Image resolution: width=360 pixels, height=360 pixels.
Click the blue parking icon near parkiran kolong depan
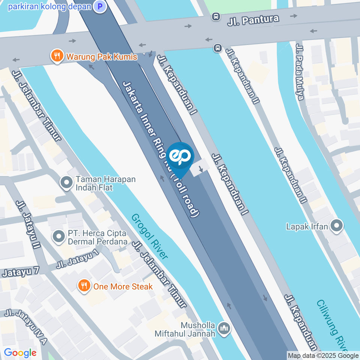[x=100, y=6]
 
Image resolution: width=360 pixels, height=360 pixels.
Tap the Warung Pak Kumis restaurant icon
[x=56, y=57]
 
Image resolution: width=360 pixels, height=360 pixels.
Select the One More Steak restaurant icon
[x=83, y=286]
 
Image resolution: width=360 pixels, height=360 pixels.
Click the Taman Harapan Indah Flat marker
[x=67, y=183]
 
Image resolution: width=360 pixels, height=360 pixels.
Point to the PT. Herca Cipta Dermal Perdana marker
[x=58, y=237]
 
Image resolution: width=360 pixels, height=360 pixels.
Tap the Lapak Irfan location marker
[x=336, y=226]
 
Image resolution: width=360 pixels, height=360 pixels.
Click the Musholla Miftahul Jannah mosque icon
[x=225, y=328]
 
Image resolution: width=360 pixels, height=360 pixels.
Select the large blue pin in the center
[x=180, y=158]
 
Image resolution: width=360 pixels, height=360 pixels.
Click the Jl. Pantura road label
[x=253, y=19]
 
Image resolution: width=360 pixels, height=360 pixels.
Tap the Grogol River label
[x=150, y=236]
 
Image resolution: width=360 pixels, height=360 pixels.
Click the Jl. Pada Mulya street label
[x=299, y=72]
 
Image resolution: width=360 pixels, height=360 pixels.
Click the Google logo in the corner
[x=20, y=352]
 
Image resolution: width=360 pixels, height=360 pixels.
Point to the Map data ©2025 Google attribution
[x=323, y=355]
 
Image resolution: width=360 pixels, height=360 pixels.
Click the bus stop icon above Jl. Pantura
[x=216, y=16]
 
